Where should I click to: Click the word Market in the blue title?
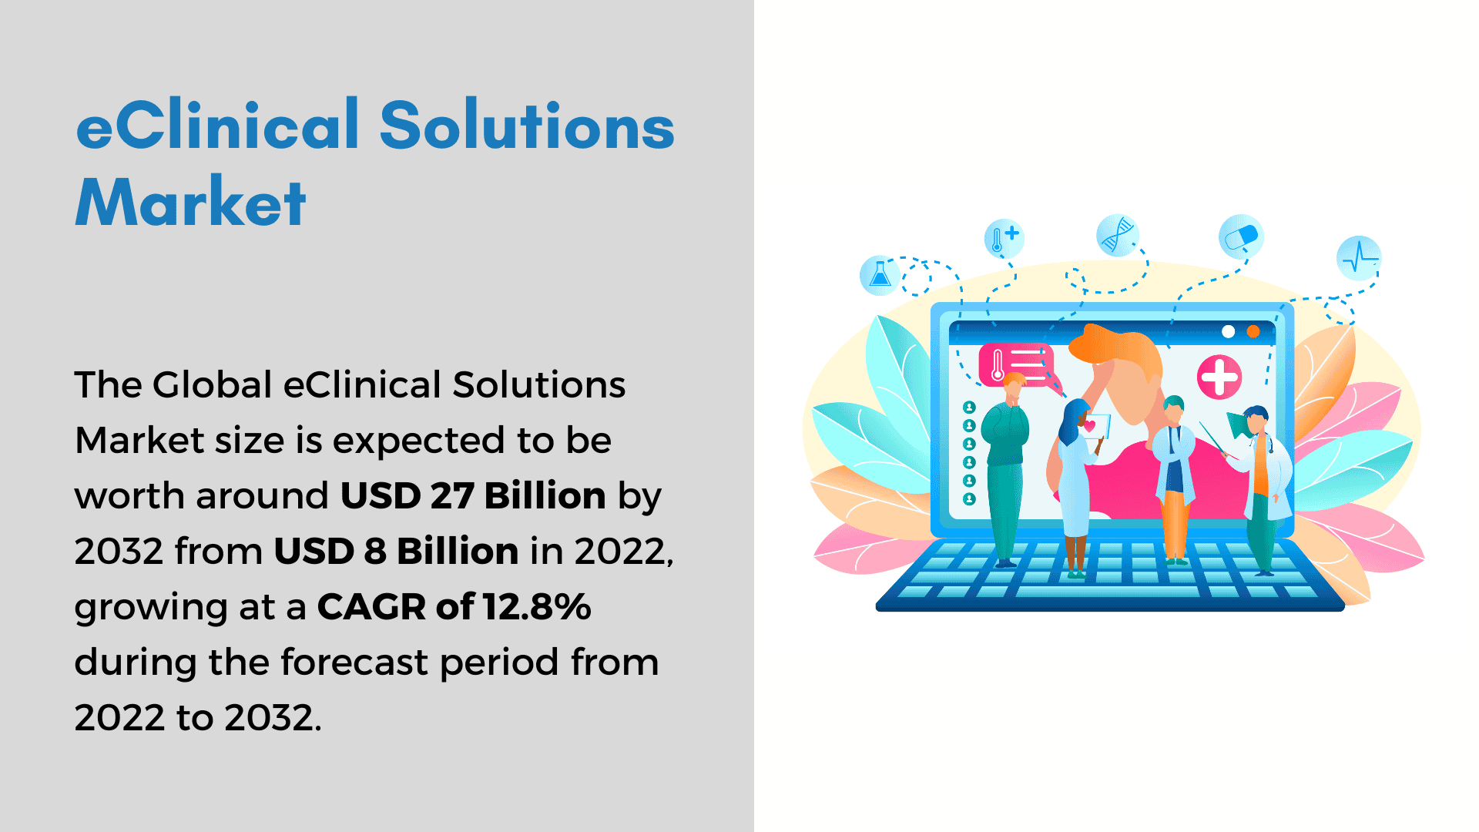[x=190, y=202]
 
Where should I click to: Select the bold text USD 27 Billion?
[x=473, y=495]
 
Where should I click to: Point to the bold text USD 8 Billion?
[x=396, y=551]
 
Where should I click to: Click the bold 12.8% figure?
[x=537, y=606]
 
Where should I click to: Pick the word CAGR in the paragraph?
[x=372, y=606]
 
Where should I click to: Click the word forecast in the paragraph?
[x=354, y=662]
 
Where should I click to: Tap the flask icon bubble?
[x=880, y=275]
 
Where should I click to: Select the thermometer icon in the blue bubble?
[x=1004, y=238]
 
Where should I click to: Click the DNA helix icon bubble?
[x=1118, y=234]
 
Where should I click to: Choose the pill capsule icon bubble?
[x=1241, y=237]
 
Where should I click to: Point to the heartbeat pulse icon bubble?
[x=1359, y=257]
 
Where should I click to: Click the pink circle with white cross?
[x=1219, y=377]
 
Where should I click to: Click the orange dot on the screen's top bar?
[x=1253, y=331]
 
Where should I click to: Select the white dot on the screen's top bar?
[x=1229, y=331]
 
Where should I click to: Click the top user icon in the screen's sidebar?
[x=970, y=408]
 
